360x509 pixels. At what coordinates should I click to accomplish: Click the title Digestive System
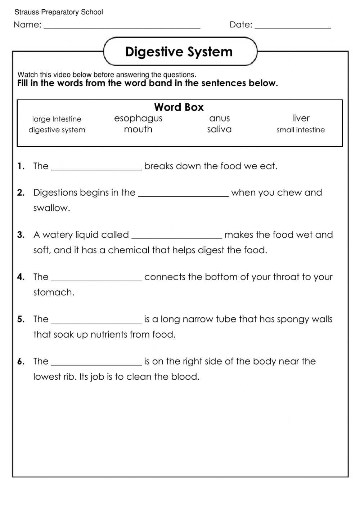pyautogui.click(x=179, y=52)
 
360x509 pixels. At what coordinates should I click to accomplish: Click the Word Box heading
pyautogui.click(x=179, y=107)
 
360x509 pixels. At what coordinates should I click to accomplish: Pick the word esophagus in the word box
pyautogui.click(x=138, y=119)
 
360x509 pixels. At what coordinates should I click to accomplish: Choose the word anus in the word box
pyautogui.click(x=219, y=118)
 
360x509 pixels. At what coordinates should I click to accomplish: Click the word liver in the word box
pyautogui.click(x=301, y=118)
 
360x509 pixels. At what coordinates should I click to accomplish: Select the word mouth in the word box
pyautogui.click(x=138, y=129)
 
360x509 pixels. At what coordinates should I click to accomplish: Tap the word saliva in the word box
pyautogui.click(x=219, y=129)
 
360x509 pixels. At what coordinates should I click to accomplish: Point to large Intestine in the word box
pyautogui.click(x=57, y=119)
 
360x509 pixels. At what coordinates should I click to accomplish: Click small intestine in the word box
pyautogui.click(x=301, y=130)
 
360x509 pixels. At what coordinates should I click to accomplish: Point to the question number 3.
pyautogui.click(x=21, y=235)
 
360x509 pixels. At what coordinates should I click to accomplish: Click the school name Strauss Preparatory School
pyautogui.click(x=59, y=12)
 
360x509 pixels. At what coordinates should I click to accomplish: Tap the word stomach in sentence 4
pyautogui.click(x=54, y=292)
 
